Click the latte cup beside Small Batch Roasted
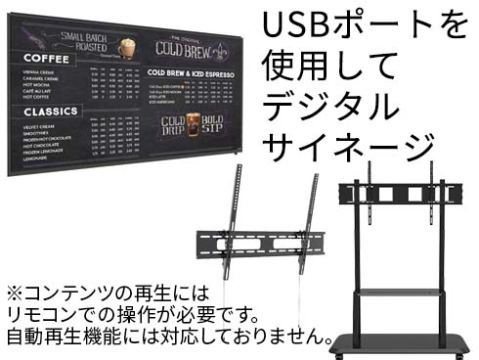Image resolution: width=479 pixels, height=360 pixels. pyautogui.click(x=125, y=46)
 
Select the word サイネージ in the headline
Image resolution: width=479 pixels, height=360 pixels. pyautogui.click(x=347, y=145)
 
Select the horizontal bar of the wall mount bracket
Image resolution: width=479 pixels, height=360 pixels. pyautogui.click(x=257, y=240)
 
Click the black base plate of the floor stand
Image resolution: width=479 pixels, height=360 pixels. pyautogui.click(x=406, y=341)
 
